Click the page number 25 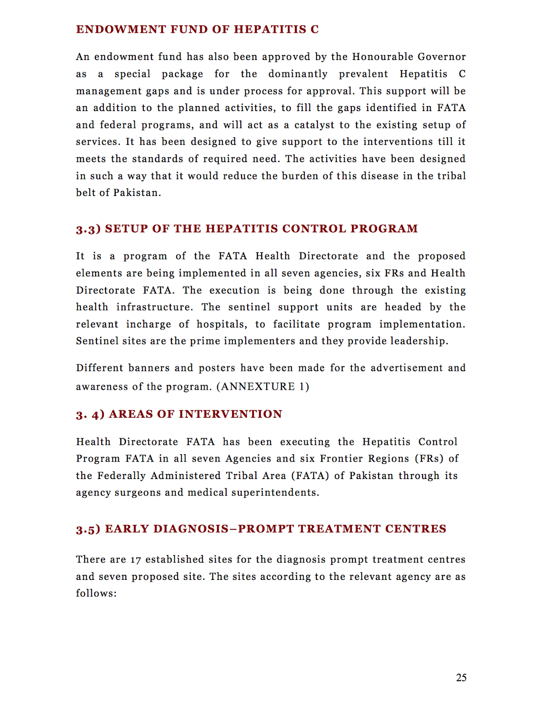pyautogui.click(x=461, y=677)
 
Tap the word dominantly pyautogui.click(x=298, y=74)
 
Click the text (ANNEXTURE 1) pyautogui.click(x=263, y=387)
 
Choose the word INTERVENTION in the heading pyautogui.click(x=230, y=414)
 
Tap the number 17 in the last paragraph pyautogui.click(x=135, y=560)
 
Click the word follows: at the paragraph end pyautogui.click(x=96, y=594)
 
